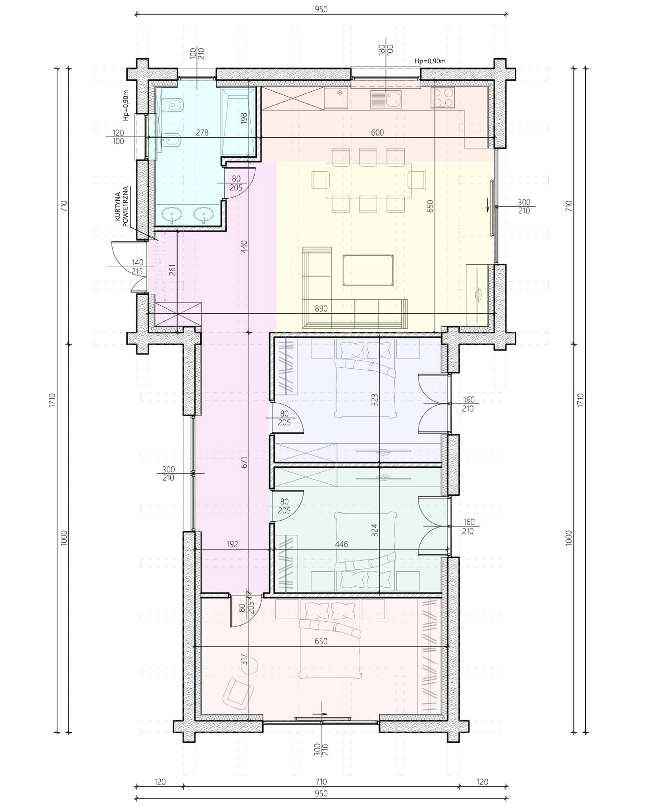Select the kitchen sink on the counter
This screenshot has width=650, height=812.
386,99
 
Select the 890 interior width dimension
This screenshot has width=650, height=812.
321,308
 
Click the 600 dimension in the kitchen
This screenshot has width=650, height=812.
377,132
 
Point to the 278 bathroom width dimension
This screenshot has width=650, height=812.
202,132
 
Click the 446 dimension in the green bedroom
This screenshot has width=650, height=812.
341,544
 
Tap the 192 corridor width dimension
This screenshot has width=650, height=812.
232,544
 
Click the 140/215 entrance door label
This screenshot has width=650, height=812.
137,267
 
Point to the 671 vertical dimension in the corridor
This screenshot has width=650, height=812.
244,462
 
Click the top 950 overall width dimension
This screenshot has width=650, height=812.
321,9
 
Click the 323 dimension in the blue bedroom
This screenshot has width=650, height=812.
375,400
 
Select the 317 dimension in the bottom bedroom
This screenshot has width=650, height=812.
244,659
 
